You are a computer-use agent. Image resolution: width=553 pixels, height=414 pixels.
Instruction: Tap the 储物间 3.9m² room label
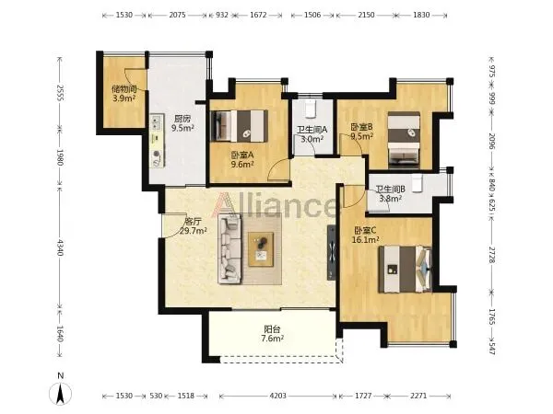point(124,94)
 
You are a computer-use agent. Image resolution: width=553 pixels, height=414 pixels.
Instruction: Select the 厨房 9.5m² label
point(182,123)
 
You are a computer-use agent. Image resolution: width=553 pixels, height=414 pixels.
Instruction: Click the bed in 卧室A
point(239,126)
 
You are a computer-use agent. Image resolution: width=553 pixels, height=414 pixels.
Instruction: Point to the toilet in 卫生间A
point(310,109)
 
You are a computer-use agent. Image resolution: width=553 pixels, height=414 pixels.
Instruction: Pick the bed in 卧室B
point(404,141)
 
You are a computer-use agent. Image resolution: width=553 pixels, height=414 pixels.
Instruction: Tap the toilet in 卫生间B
point(418,184)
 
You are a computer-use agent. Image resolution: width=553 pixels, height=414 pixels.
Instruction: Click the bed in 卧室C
point(406,270)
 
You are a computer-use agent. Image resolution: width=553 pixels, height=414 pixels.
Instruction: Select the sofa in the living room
point(229,249)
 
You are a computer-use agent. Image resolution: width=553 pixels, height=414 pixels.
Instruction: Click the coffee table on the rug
point(261,249)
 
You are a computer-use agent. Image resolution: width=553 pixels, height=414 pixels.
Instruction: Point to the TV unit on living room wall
point(332,252)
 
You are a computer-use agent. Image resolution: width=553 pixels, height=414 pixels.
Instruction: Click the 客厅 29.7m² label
point(193,226)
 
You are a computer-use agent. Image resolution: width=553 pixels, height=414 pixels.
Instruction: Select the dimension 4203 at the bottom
point(278,396)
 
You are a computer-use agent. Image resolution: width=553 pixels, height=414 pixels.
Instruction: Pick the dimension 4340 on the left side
point(60,247)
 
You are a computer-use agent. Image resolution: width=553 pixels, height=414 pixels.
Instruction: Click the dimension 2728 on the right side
point(492,254)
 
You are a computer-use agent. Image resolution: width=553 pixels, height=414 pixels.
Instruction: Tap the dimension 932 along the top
point(222,15)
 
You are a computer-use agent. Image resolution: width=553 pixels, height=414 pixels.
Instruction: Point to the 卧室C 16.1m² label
point(366,236)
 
